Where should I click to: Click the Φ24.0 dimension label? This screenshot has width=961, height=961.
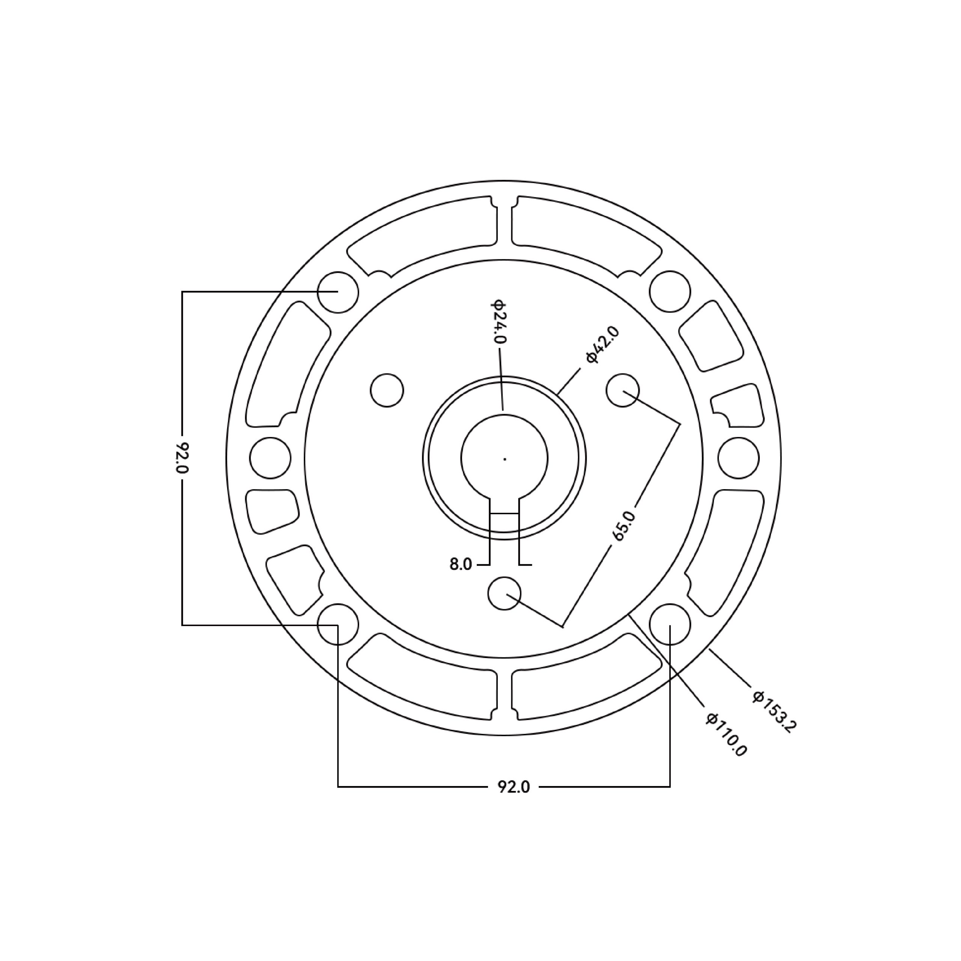tap(499, 321)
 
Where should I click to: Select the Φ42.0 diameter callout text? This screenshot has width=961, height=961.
tap(603, 345)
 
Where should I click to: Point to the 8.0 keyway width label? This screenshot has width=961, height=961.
tap(461, 565)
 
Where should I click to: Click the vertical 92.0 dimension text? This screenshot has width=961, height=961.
tap(182, 458)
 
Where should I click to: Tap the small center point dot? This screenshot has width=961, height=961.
tap(505, 459)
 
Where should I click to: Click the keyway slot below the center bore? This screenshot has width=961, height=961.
tap(505, 505)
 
